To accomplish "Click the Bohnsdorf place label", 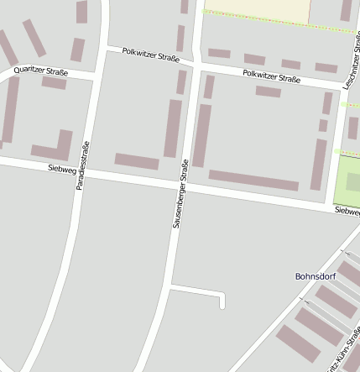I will [x=316, y=275].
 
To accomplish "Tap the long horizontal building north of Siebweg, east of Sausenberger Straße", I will [x=253, y=180].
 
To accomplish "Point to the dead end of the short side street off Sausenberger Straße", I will [x=222, y=306].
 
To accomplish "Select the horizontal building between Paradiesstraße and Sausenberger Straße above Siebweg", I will [x=137, y=160].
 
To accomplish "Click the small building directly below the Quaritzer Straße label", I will [x=55, y=83].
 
